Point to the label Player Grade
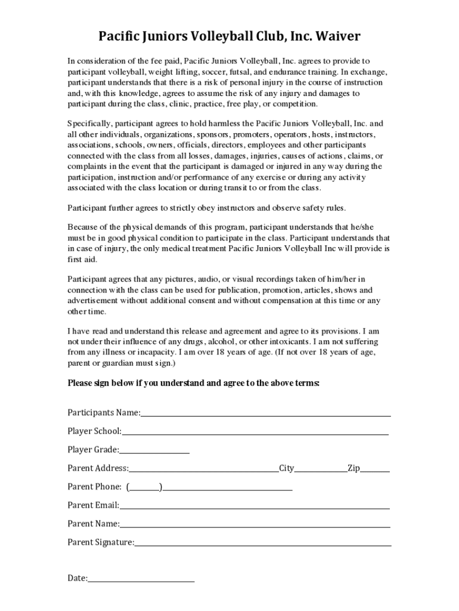(x=93, y=450)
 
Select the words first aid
(x=82, y=260)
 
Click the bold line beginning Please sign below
(x=194, y=382)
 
